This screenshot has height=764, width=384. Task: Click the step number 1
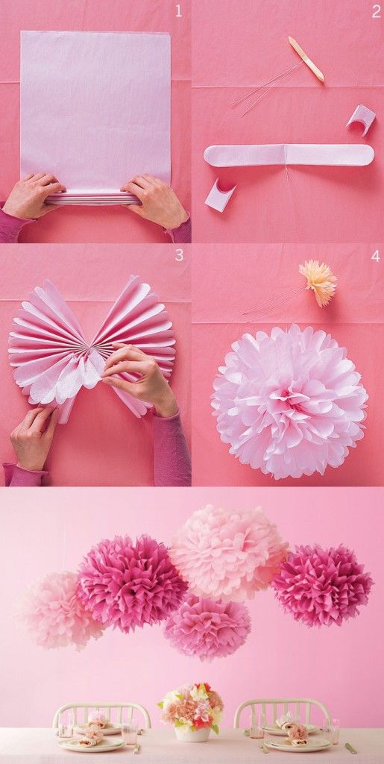point(178,11)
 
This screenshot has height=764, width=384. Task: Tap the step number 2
point(377,11)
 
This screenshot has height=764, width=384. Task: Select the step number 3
point(179,254)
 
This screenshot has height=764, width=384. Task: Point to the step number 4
point(376,255)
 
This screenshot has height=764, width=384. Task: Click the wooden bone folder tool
point(306,59)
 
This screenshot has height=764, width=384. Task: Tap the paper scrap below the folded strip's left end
point(219,195)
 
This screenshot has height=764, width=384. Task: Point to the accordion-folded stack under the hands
point(92,198)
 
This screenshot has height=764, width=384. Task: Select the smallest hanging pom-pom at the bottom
point(207,627)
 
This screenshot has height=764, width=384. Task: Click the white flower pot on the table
point(192,733)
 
